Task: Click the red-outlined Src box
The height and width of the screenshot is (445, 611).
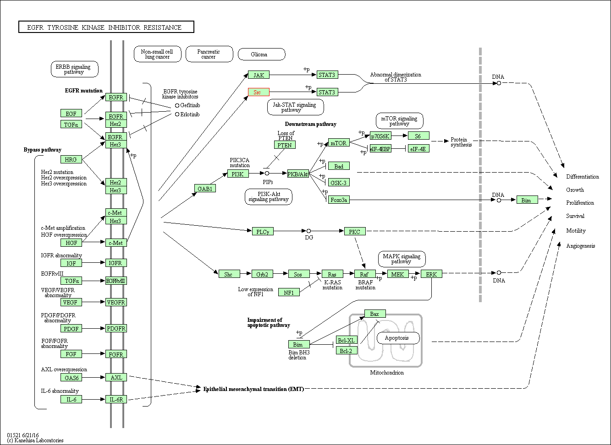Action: pyautogui.click(x=259, y=92)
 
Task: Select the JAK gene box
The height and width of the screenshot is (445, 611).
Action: pyautogui.click(x=259, y=75)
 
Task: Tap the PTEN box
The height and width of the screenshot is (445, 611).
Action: pyautogui.click(x=285, y=145)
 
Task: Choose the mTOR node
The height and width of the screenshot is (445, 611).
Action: pyautogui.click(x=339, y=143)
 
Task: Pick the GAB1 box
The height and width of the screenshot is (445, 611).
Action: pyautogui.click(x=204, y=188)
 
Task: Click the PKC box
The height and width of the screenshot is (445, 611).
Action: pyautogui.click(x=355, y=232)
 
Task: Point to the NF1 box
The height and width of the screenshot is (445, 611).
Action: pyautogui.click(x=289, y=292)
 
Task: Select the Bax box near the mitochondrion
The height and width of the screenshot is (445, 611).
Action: pyautogui.click(x=374, y=314)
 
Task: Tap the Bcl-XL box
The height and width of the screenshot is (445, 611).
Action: pyautogui.click(x=347, y=340)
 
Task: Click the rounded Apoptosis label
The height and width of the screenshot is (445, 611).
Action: pyautogui.click(x=398, y=338)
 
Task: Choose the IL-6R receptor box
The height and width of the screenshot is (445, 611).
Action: pyautogui.click(x=116, y=399)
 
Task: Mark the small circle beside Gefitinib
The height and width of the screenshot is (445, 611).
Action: pyautogui.click(x=177, y=105)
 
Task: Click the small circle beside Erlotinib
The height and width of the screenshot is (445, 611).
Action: pyautogui.click(x=177, y=114)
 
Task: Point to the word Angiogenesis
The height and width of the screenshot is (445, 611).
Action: pyautogui.click(x=580, y=246)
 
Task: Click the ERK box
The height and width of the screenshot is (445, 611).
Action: pyautogui.click(x=431, y=274)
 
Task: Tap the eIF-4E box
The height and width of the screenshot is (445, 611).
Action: pyautogui.click(x=418, y=149)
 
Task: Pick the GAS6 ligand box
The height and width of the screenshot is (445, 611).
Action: pyautogui.click(x=71, y=378)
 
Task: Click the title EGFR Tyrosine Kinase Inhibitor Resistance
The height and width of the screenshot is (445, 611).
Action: pyautogui.click(x=106, y=27)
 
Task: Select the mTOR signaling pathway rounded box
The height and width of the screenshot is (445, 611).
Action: pyautogui.click(x=399, y=121)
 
